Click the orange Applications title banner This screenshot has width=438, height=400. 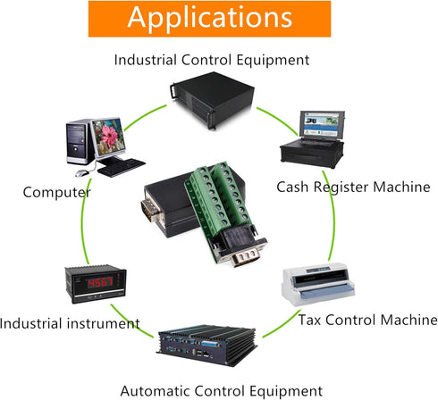209,19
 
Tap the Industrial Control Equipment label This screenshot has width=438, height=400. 212,60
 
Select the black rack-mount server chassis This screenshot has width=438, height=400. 212,100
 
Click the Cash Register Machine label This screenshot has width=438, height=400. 353,187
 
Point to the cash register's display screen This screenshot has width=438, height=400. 322,124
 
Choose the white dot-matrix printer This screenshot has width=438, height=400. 318,284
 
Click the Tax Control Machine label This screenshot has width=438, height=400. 368,321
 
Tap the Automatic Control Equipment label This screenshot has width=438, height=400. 222,391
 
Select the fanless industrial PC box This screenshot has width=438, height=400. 206,346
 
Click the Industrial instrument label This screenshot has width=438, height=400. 70,323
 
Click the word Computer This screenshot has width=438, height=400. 56,193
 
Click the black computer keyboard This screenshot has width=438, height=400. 122,168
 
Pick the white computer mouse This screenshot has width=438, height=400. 82,173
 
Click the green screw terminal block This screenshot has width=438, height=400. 217,196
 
